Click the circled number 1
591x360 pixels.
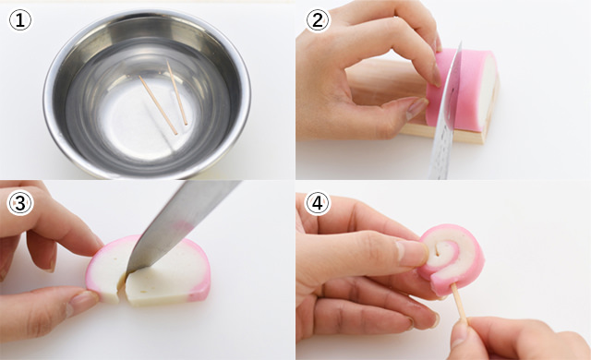[x=20, y=20]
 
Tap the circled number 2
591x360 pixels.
[x=318, y=20]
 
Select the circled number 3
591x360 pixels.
[x=20, y=203]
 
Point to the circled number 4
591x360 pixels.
[x=318, y=203]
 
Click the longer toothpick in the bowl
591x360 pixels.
[x=158, y=105]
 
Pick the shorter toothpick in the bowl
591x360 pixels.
[x=177, y=93]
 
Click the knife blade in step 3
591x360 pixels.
[x=181, y=222]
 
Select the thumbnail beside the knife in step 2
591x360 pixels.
[x=416, y=108]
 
